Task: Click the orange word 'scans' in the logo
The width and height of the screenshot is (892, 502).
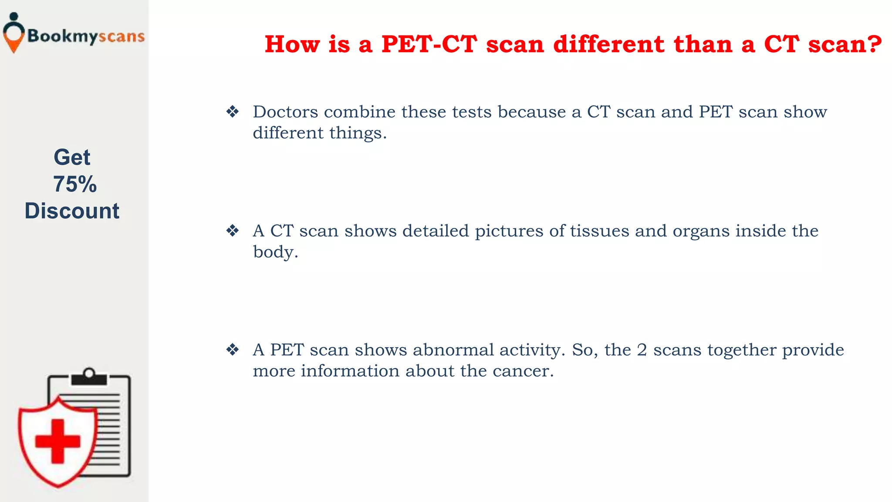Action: tap(121, 37)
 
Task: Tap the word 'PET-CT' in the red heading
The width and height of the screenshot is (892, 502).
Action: tap(429, 44)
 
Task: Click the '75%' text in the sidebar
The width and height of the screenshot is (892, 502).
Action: tap(74, 184)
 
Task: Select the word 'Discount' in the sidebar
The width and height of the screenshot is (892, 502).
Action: tap(72, 211)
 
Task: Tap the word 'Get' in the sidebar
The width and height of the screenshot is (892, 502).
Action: tap(72, 157)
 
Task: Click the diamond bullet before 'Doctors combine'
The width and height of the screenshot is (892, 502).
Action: tap(233, 112)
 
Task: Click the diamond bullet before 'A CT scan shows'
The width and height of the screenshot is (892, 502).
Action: tap(233, 231)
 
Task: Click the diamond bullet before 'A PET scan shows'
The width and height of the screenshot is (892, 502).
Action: tap(233, 349)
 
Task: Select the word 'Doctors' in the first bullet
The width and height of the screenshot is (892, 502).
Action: tap(285, 112)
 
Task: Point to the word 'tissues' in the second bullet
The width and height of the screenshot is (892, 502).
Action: tap(599, 231)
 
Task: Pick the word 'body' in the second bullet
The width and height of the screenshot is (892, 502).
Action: tap(273, 252)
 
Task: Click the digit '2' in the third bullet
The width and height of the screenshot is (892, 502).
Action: tap(642, 350)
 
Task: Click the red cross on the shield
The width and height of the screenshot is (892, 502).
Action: tap(57, 441)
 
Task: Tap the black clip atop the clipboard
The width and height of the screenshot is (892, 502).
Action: tap(89, 377)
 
